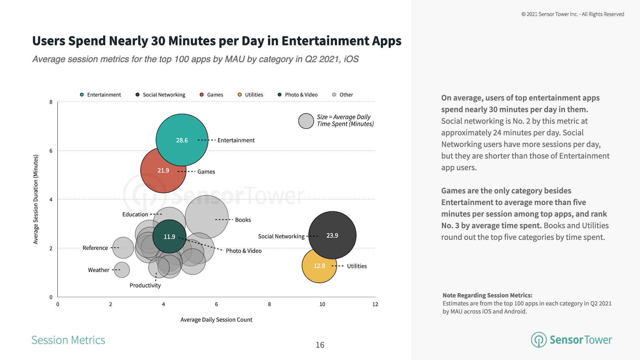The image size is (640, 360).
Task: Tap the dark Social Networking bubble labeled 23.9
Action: (x=332, y=235)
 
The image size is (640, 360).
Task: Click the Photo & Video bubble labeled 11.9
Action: (x=169, y=237)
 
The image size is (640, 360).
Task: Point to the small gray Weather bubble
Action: (x=122, y=270)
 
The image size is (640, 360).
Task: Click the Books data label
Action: (x=243, y=220)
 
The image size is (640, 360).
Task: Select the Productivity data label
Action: (x=145, y=285)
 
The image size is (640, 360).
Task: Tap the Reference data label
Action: (x=95, y=248)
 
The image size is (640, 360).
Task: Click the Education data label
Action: (x=135, y=214)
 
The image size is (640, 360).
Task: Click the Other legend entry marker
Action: (x=334, y=95)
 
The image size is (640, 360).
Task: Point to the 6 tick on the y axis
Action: (x=51, y=151)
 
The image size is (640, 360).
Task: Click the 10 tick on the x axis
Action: (x=322, y=304)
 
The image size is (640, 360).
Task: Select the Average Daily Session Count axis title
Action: (x=216, y=320)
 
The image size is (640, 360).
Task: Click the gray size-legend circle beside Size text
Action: (x=306, y=121)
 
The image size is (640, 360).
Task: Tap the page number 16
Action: (x=320, y=345)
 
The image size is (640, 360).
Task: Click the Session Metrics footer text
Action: (x=68, y=340)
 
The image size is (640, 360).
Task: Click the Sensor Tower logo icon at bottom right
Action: (x=538, y=340)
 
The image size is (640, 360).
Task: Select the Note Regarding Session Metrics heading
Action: (x=487, y=295)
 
